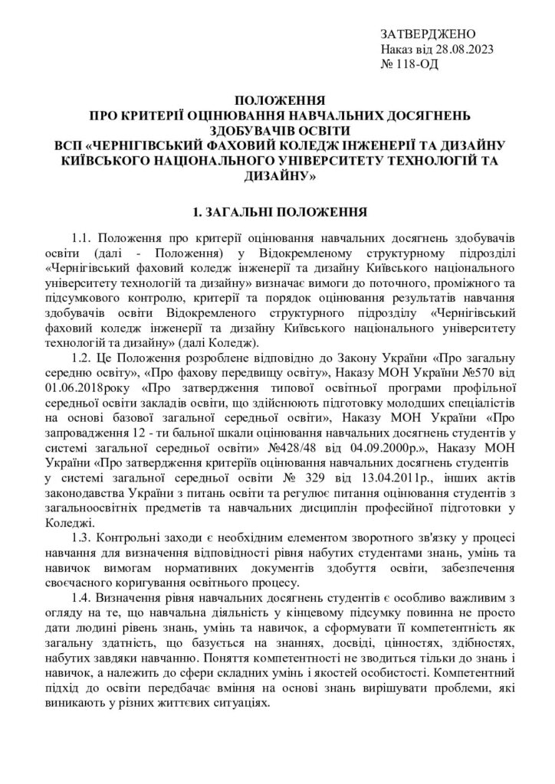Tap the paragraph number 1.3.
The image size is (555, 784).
[x=81, y=538]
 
